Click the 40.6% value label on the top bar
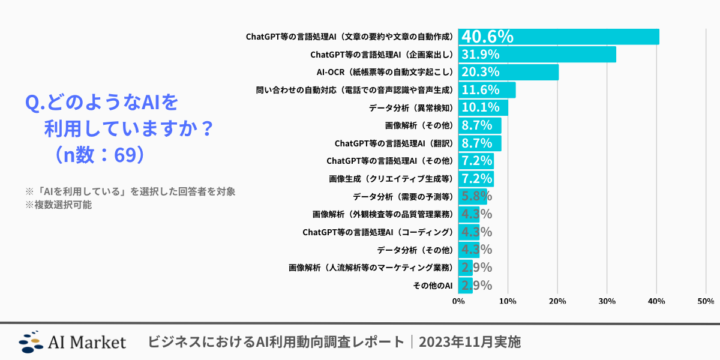tap(487, 37)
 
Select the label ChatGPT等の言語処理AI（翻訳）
tap(393, 144)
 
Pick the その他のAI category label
tap(433, 286)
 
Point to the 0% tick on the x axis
tap(458, 300)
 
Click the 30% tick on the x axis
tap(606, 300)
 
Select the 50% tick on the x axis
tap(704, 300)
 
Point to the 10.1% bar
tap(483, 108)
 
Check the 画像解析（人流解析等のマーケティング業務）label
tap(369, 268)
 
